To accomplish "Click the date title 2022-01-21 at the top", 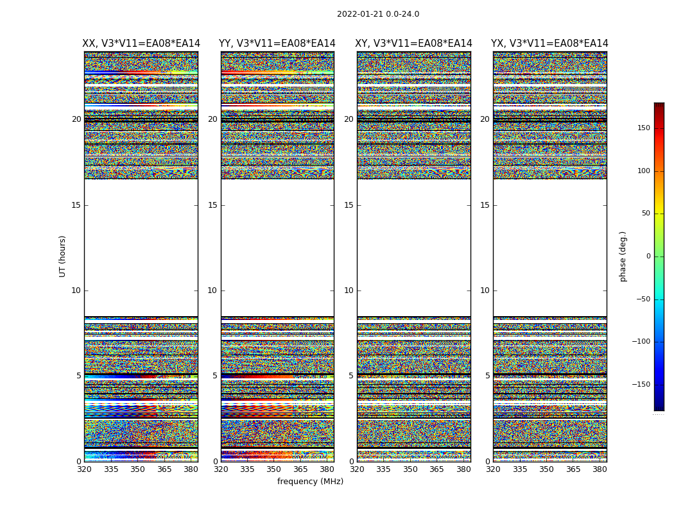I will pos(377,14).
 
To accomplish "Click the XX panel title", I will pos(141,44).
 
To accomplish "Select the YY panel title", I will pos(277,44).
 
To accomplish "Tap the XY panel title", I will pos(414,44).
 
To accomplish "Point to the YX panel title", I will pos(550,44).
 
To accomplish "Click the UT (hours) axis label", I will pos(63,256).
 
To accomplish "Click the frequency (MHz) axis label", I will pos(310,482).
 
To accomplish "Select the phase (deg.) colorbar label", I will pos(623,256).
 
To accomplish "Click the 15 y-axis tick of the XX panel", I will pos(76,205).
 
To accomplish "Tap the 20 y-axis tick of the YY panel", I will pos(212,119).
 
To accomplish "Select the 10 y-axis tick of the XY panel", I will pos(349,290).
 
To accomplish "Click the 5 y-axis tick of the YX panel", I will pos(488,376).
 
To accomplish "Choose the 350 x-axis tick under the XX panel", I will pos(138,469).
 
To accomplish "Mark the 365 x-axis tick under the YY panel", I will pos(301,469).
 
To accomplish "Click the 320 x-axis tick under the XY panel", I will pos(357,469).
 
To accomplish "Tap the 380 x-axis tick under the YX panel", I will pos(600,469).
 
